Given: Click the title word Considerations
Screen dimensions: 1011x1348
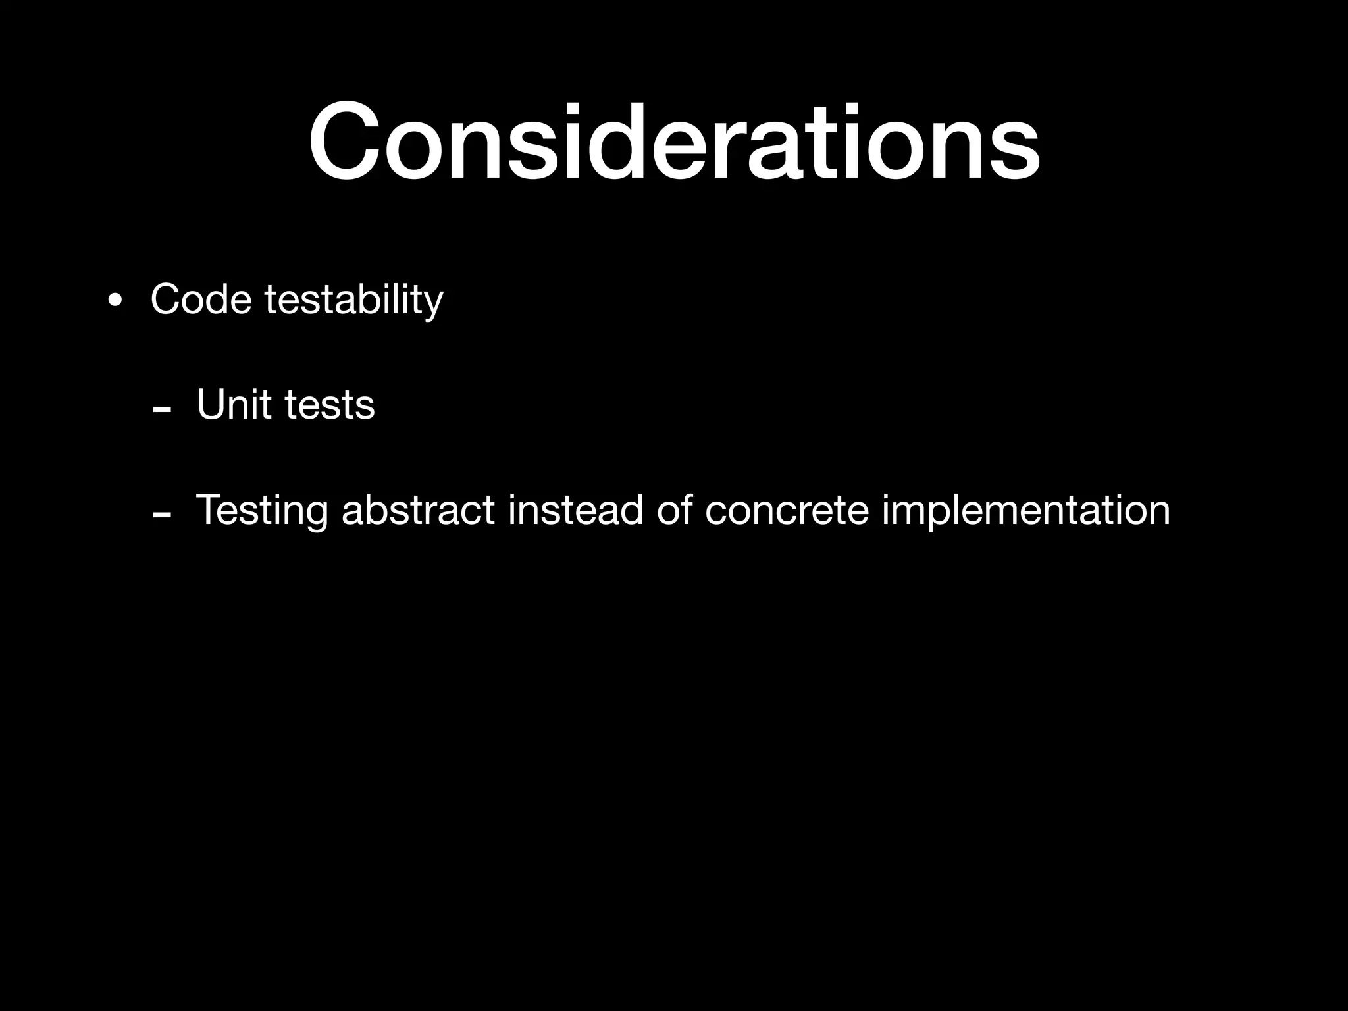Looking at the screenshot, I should pos(674,142).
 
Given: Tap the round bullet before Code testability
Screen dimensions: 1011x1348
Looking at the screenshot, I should pos(115,301).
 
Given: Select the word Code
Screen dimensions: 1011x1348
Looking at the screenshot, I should pos(201,299).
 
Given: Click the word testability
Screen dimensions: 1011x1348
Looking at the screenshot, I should pos(353,301).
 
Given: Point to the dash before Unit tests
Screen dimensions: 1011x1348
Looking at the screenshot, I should pos(161,409).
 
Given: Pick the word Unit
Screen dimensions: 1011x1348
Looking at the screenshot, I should pos(234,404).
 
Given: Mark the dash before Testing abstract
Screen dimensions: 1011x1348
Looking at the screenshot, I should pos(161,515).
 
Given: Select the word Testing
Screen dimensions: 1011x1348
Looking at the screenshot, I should pos(261,511).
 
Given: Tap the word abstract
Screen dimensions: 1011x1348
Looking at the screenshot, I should pos(418,509).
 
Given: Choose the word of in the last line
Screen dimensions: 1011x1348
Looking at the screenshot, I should pos(675,509).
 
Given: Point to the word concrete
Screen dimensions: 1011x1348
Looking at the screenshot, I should pos(787,511).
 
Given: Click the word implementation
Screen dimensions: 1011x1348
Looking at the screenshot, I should pos(1026,511).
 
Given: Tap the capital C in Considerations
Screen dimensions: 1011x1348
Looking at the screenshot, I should pos(346,142).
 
